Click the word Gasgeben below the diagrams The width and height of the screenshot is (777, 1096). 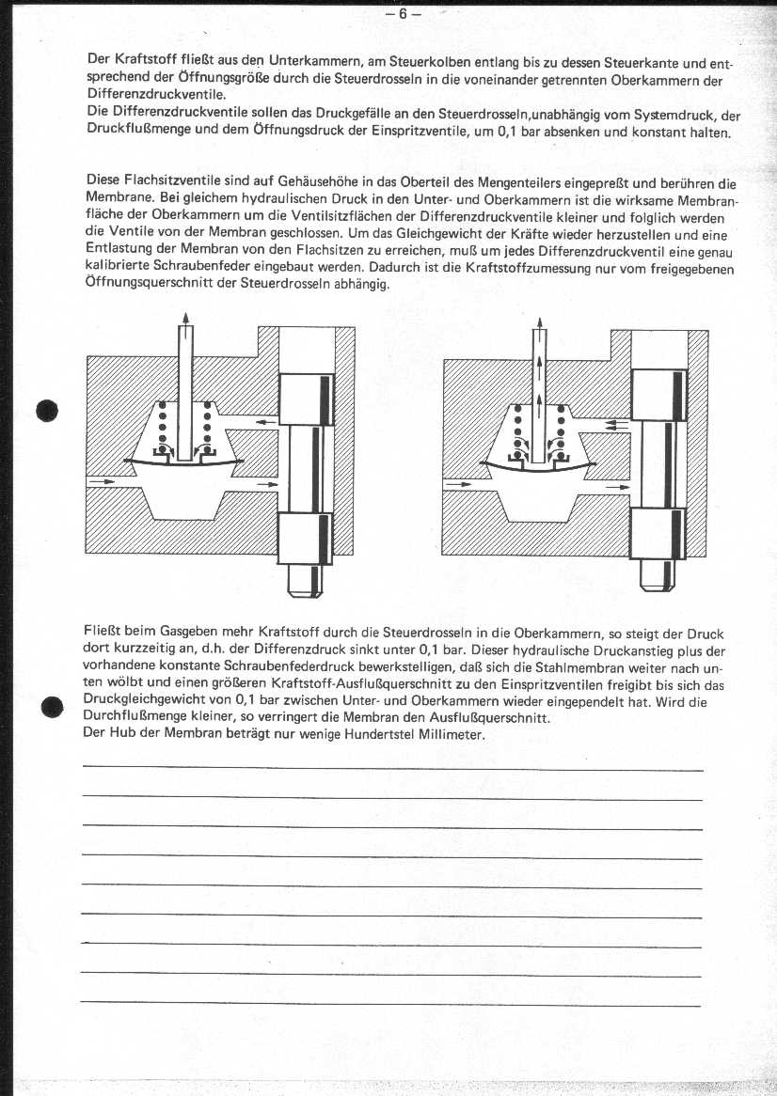coord(195,634)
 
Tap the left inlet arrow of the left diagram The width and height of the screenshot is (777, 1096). coord(103,481)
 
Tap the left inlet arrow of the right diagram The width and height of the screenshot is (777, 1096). coord(458,485)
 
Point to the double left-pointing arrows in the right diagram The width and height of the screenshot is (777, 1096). coord(617,425)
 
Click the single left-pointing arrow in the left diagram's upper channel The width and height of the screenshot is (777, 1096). coord(267,423)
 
